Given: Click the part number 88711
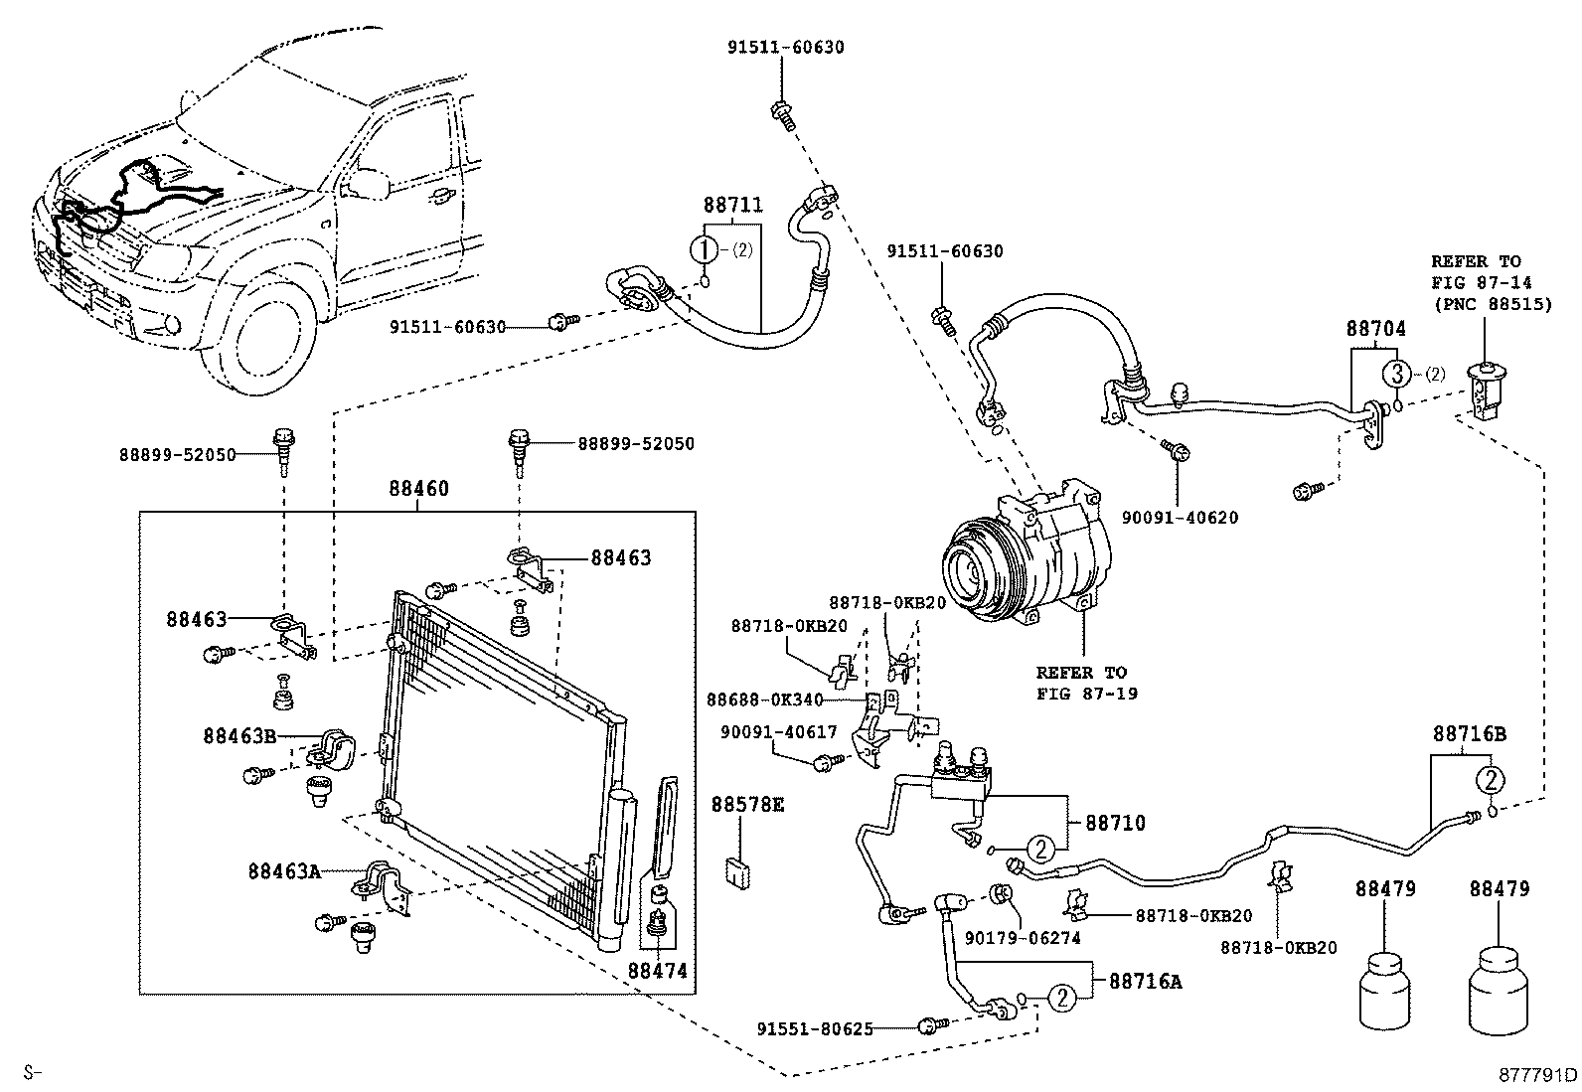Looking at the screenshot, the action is click(733, 205).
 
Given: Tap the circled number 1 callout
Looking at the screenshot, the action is click(704, 249).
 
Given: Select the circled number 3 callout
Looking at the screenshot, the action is click(1396, 374).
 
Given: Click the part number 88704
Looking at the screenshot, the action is click(1375, 329).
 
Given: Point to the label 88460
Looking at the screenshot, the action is click(418, 488).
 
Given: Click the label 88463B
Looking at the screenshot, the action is click(239, 736).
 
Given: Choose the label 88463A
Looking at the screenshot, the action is click(284, 871).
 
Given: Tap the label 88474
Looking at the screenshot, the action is click(658, 971).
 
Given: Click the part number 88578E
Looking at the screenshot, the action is click(747, 805).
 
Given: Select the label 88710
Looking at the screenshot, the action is click(1115, 823).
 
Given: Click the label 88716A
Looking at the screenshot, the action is click(1145, 982).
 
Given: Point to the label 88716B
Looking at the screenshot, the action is click(1469, 734).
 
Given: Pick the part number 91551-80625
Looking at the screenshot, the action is click(815, 1029).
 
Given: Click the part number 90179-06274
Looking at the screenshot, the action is click(1023, 938).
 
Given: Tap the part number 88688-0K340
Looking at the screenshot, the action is click(765, 700).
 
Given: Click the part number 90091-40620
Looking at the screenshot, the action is click(1181, 518).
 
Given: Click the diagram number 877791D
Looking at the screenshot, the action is click(1538, 1075).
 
